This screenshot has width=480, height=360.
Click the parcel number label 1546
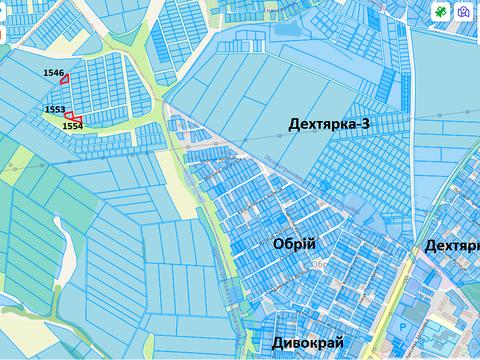pyautogui.click(x=54, y=73)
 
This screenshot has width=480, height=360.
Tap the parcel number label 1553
pyautogui.click(x=55, y=109)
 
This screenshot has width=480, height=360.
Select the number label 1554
pyautogui.click(x=72, y=127)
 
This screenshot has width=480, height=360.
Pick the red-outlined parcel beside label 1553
pyautogui.click(x=69, y=114)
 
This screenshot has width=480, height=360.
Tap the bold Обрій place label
pyautogui.click(x=293, y=244)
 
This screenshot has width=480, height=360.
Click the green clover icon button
pyautogui.click(x=440, y=12)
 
